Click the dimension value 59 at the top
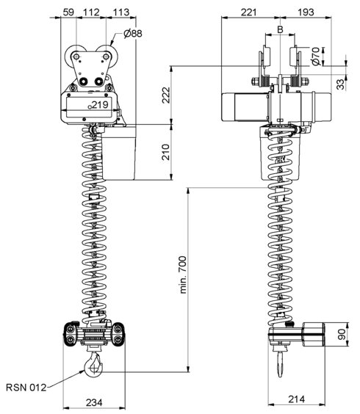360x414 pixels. click(x=68, y=12)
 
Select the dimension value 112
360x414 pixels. click(x=91, y=12)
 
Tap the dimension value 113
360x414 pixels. click(x=121, y=12)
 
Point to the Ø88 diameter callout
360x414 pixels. click(x=133, y=34)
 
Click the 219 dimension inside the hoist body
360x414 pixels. click(x=100, y=105)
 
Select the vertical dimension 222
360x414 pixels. click(x=166, y=95)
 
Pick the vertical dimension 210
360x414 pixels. click(x=166, y=152)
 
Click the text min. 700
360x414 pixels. click(x=183, y=275)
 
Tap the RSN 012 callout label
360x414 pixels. click(x=26, y=388)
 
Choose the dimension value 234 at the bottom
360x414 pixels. click(x=94, y=403)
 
